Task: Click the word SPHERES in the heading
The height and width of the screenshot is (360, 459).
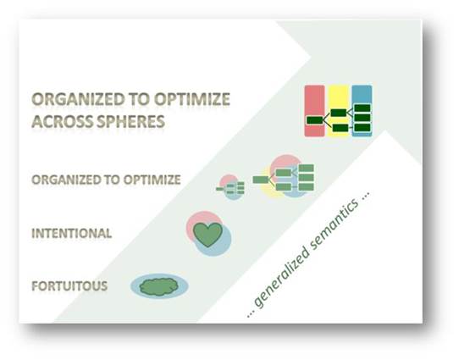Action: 131,121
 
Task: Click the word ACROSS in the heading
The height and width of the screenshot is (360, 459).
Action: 63,121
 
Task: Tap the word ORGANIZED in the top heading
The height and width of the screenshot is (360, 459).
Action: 78,99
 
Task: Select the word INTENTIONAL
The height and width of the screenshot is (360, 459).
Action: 72,233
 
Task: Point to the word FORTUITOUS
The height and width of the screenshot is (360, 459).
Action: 69,286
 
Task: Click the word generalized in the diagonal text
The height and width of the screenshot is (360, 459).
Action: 280,278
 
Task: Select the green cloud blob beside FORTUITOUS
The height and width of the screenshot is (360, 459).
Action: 159,286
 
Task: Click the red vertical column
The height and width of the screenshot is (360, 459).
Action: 315,111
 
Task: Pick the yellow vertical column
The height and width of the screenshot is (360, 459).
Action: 339,111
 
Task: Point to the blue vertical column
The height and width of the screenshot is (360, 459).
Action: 362,111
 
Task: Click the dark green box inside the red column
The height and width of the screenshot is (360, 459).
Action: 315,120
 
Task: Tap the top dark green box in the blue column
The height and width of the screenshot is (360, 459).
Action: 362,108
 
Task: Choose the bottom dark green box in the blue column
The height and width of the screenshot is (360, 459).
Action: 362,128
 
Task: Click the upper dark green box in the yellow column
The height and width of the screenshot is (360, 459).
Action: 339,113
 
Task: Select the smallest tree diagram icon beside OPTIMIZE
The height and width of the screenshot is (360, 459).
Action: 230,187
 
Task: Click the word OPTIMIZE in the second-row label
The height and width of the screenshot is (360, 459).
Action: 152,180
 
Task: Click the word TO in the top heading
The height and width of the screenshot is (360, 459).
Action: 140,99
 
